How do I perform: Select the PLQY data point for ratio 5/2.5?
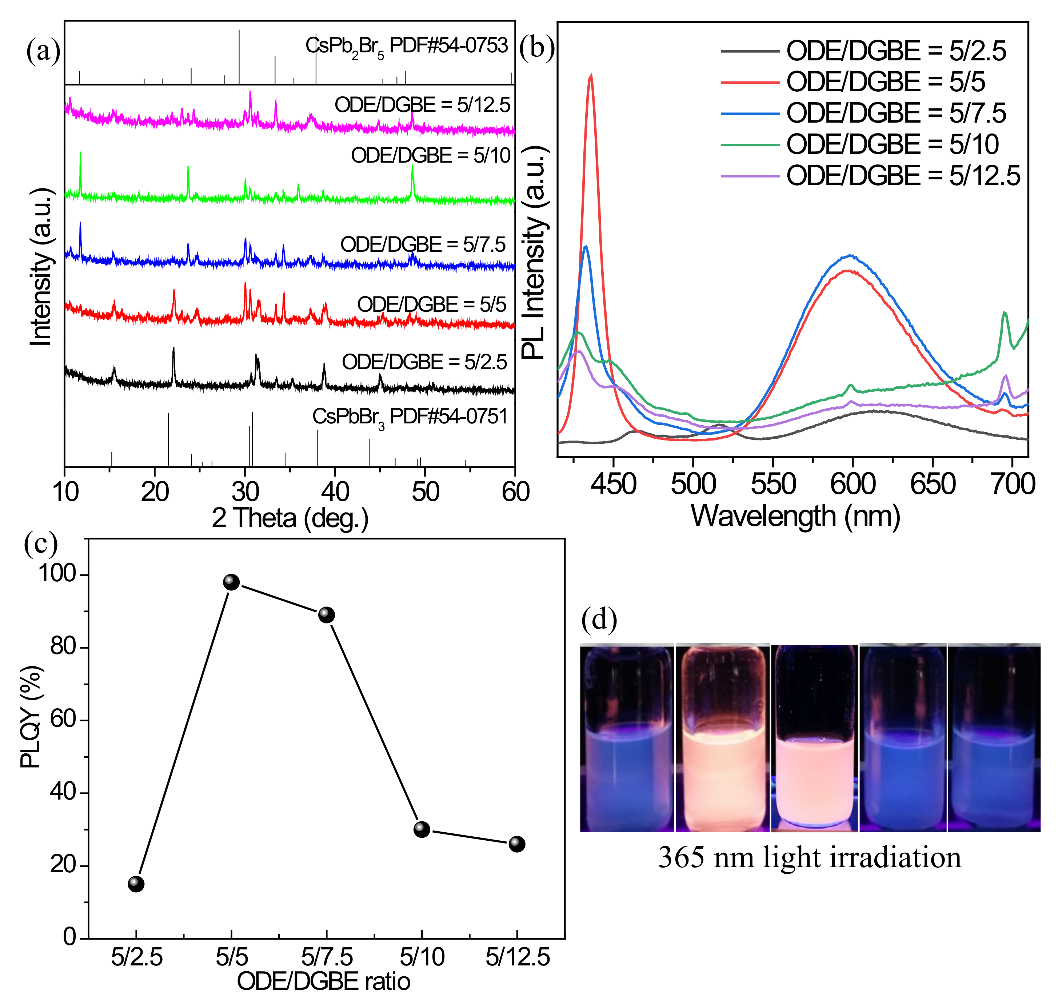click(136, 884)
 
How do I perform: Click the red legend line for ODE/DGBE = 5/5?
click(750, 82)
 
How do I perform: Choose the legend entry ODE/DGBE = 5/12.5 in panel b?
click(903, 176)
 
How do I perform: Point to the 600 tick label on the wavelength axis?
click(853, 484)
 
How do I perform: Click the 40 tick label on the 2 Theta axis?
click(335, 492)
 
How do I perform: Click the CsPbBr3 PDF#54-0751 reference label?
click(409, 417)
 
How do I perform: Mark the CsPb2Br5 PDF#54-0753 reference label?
click(407, 46)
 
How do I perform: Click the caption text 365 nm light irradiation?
click(810, 857)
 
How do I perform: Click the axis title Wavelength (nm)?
click(795, 517)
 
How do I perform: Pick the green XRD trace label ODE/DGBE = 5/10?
click(431, 155)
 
